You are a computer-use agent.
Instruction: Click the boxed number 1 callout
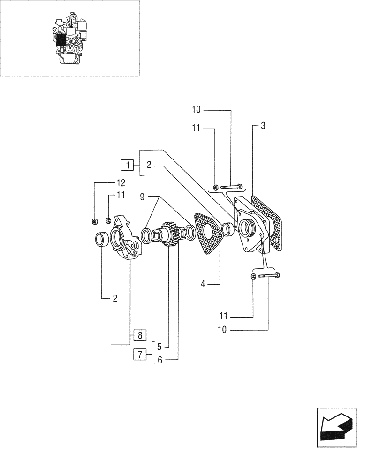tap(126, 165)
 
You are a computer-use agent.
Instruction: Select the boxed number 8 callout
tap(139, 335)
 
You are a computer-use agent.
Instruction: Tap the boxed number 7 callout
tap(139, 354)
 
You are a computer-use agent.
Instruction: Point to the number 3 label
tap(263, 126)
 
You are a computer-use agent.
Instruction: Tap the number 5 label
tap(159, 348)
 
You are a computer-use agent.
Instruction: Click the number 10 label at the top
tap(196, 110)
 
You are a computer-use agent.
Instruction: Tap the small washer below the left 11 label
tap(108, 219)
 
